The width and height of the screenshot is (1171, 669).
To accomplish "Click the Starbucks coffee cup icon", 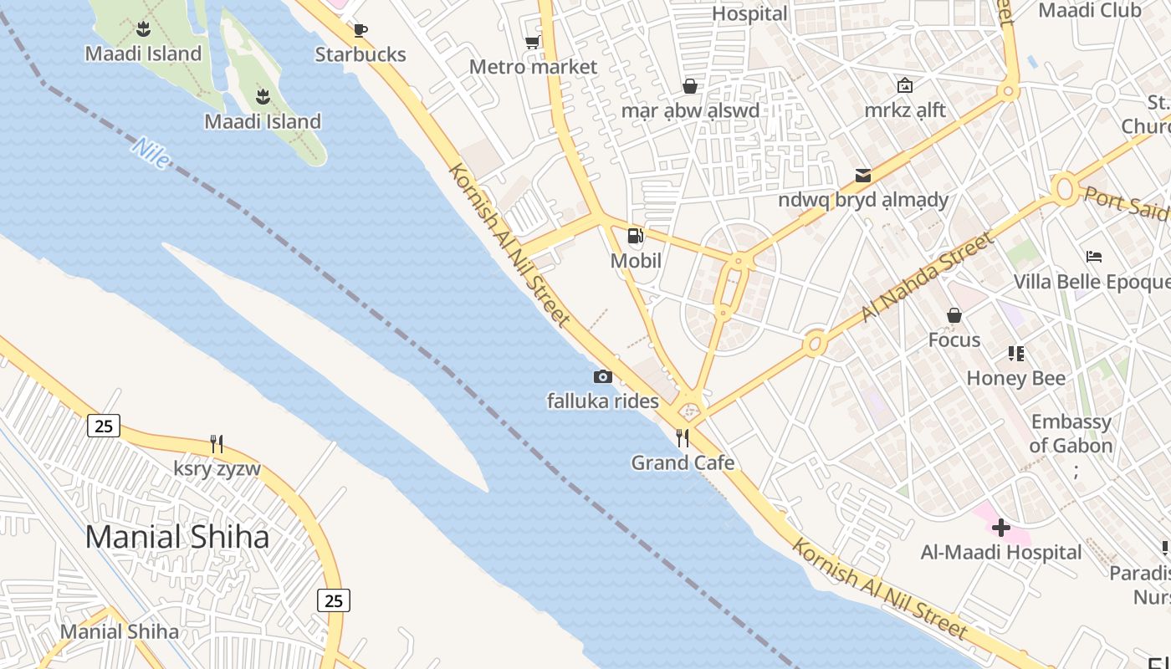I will [361, 31].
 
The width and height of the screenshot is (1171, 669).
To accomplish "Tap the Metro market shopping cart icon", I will [532, 43].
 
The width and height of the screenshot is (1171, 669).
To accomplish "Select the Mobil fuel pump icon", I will [636, 237].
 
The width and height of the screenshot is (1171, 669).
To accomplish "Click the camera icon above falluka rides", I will [602, 377].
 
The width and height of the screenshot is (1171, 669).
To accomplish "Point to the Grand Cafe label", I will [683, 462].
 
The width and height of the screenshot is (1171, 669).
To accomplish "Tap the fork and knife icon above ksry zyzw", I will [217, 443].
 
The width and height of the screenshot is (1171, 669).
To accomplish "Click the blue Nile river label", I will [151, 154].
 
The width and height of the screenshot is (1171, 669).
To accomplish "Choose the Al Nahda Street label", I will [928, 277].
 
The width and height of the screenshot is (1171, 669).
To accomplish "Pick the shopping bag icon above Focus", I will [954, 315].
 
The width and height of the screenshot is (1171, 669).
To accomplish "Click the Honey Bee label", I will [1015, 378].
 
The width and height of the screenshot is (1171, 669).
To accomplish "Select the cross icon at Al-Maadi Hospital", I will [1000, 528].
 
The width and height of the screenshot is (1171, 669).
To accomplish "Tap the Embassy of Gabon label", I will [1071, 433].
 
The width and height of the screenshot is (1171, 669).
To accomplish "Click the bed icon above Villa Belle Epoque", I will [1093, 257].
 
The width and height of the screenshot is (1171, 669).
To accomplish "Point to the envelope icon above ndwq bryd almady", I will [862, 175].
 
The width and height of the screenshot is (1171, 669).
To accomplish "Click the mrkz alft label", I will [905, 110].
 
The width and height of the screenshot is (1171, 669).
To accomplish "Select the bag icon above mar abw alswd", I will [690, 86].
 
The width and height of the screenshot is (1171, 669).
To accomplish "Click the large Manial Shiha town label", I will [177, 537].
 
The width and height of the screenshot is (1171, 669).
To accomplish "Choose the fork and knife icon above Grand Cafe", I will [683, 437].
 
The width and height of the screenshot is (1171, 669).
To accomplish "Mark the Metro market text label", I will [533, 67].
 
